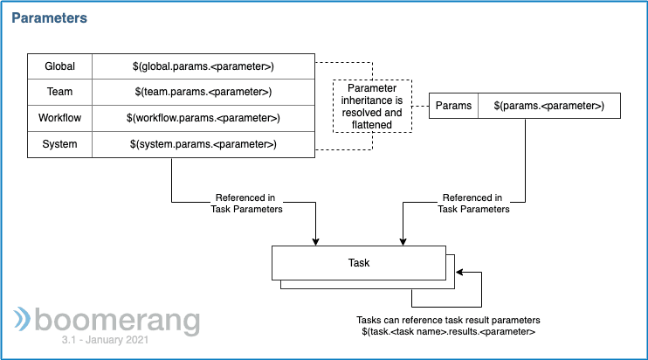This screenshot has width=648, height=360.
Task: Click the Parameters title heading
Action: tap(49, 17)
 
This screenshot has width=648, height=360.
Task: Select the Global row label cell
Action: tap(60, 66)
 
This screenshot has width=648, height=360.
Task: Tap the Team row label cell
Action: tap(60, 92)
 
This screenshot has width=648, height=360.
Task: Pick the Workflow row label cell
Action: tap(60, 118)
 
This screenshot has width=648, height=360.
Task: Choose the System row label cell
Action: tap(60, 144)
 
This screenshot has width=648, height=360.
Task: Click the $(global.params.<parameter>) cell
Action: tap(203, 66)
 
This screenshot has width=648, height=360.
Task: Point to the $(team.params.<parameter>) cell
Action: tap(203, 92)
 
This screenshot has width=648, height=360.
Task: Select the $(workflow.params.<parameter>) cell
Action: tap(203, 118)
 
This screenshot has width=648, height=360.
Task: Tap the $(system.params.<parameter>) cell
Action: tap(203, 144)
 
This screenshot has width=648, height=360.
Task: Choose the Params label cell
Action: tap(454, 106)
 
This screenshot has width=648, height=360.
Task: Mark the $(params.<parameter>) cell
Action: tap(549, 106)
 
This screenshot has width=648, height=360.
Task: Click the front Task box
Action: tap(359, 263)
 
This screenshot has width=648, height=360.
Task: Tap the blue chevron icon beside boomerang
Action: tap(22, 319)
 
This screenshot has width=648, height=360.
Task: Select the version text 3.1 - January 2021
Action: tap(105, 340)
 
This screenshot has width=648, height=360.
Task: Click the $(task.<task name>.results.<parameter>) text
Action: tap(448, 331)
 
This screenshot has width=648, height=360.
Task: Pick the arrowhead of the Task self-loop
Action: tap(459, 272)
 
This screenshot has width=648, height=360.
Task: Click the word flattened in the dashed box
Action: tap(372, 124)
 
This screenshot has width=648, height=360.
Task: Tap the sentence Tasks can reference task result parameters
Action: tap(448, 320)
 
